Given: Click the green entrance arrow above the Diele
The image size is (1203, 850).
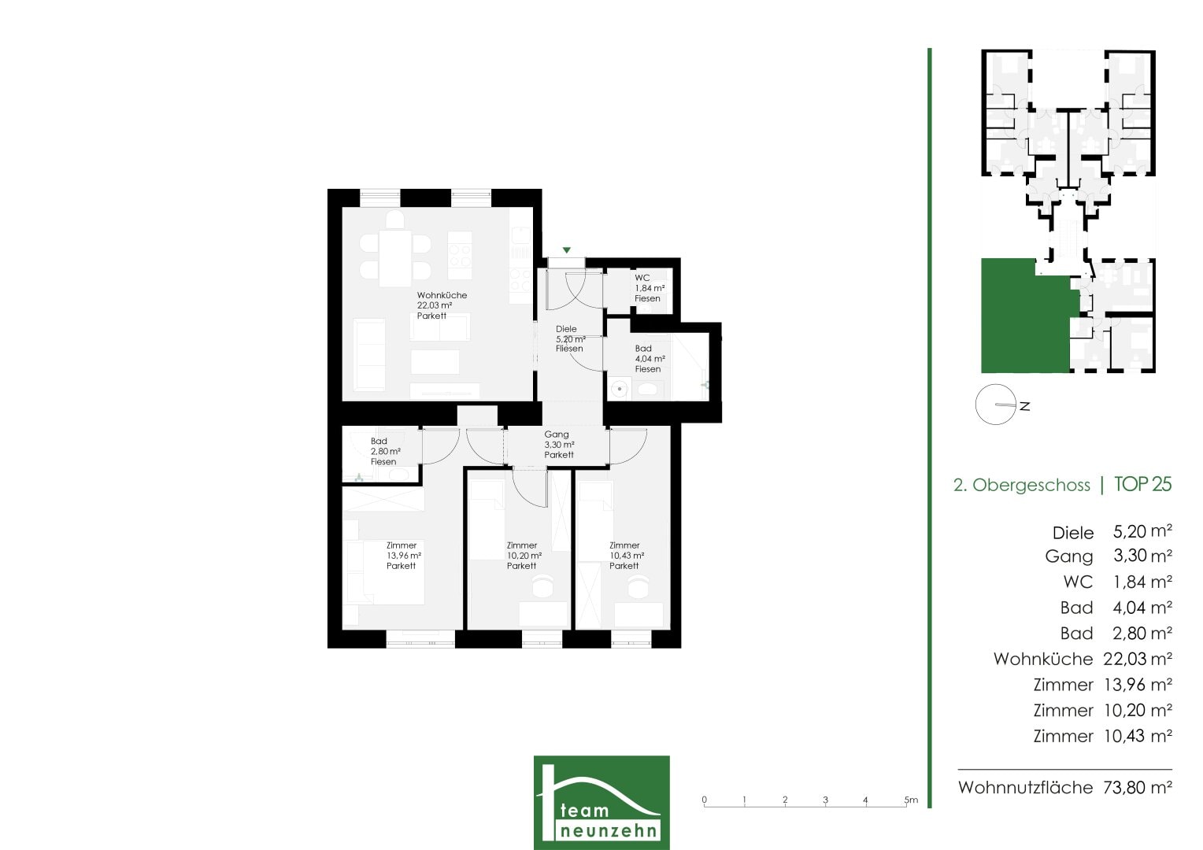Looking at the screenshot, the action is pos(567,250).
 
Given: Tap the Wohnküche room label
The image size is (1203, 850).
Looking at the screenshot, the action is pos(442,305).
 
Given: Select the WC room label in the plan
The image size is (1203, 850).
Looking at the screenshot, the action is pos(650,288).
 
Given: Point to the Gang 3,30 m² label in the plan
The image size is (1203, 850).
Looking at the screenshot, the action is pos(559,444).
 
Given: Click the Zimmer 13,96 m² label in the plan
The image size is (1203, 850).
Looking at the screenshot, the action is pos(403,555).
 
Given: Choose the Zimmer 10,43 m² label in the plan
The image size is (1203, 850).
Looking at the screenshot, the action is pos(626,555).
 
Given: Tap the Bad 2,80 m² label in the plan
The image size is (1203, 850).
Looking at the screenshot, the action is pos(385,451).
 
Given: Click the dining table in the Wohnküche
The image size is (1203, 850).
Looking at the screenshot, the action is pos(395,258).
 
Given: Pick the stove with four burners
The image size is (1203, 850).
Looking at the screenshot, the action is pos(460,256).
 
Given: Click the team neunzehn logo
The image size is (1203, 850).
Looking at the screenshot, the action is pos(601,802).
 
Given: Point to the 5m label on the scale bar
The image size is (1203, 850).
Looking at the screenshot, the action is pos(911,800).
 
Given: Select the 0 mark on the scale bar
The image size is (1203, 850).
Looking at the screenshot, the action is pos(704,800).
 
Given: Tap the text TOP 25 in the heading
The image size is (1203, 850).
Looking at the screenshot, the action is pos(1143,484).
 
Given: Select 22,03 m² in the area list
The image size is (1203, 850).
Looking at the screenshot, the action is pos(1138,658).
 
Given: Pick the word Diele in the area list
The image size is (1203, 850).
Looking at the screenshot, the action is pos(1073,533).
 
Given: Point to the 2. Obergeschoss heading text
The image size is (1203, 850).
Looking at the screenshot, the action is pos(1021,485).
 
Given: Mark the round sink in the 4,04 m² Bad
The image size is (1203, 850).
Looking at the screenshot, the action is pos(620,388).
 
